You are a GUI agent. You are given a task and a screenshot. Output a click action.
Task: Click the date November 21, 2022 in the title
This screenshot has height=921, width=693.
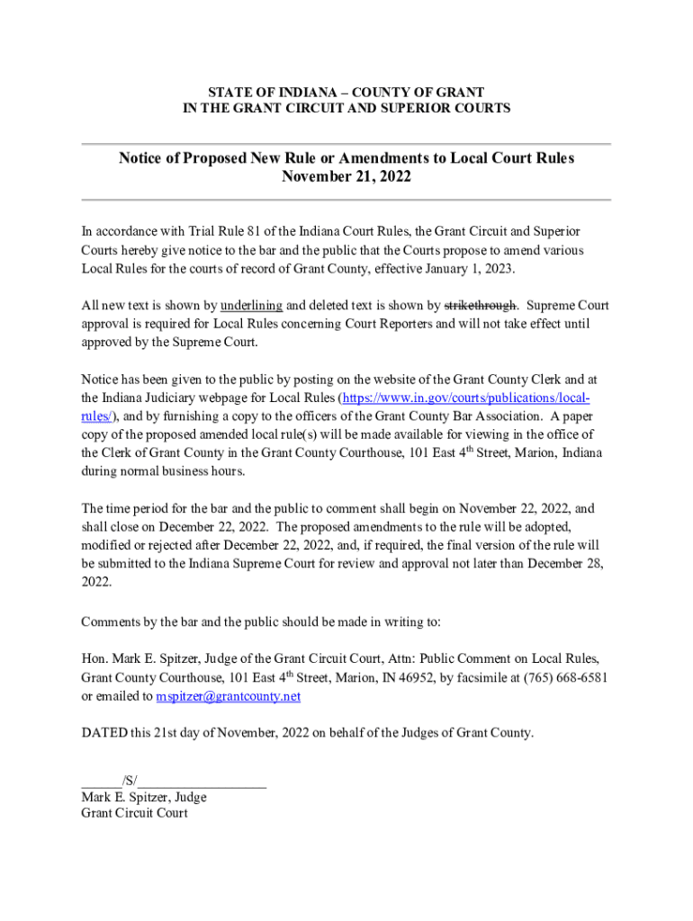click(x=346, y=177)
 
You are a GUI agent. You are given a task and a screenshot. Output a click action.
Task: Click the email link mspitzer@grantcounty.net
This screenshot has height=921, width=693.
click(x=228, y=696)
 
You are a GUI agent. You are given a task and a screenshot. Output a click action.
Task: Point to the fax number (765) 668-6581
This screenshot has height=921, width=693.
click(x=559, y=677)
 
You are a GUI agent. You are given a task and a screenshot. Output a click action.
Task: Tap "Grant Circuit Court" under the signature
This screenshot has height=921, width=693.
click(x=134, y=813)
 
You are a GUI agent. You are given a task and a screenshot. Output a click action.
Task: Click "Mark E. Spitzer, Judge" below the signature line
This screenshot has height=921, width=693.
click(x=143, y=797)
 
